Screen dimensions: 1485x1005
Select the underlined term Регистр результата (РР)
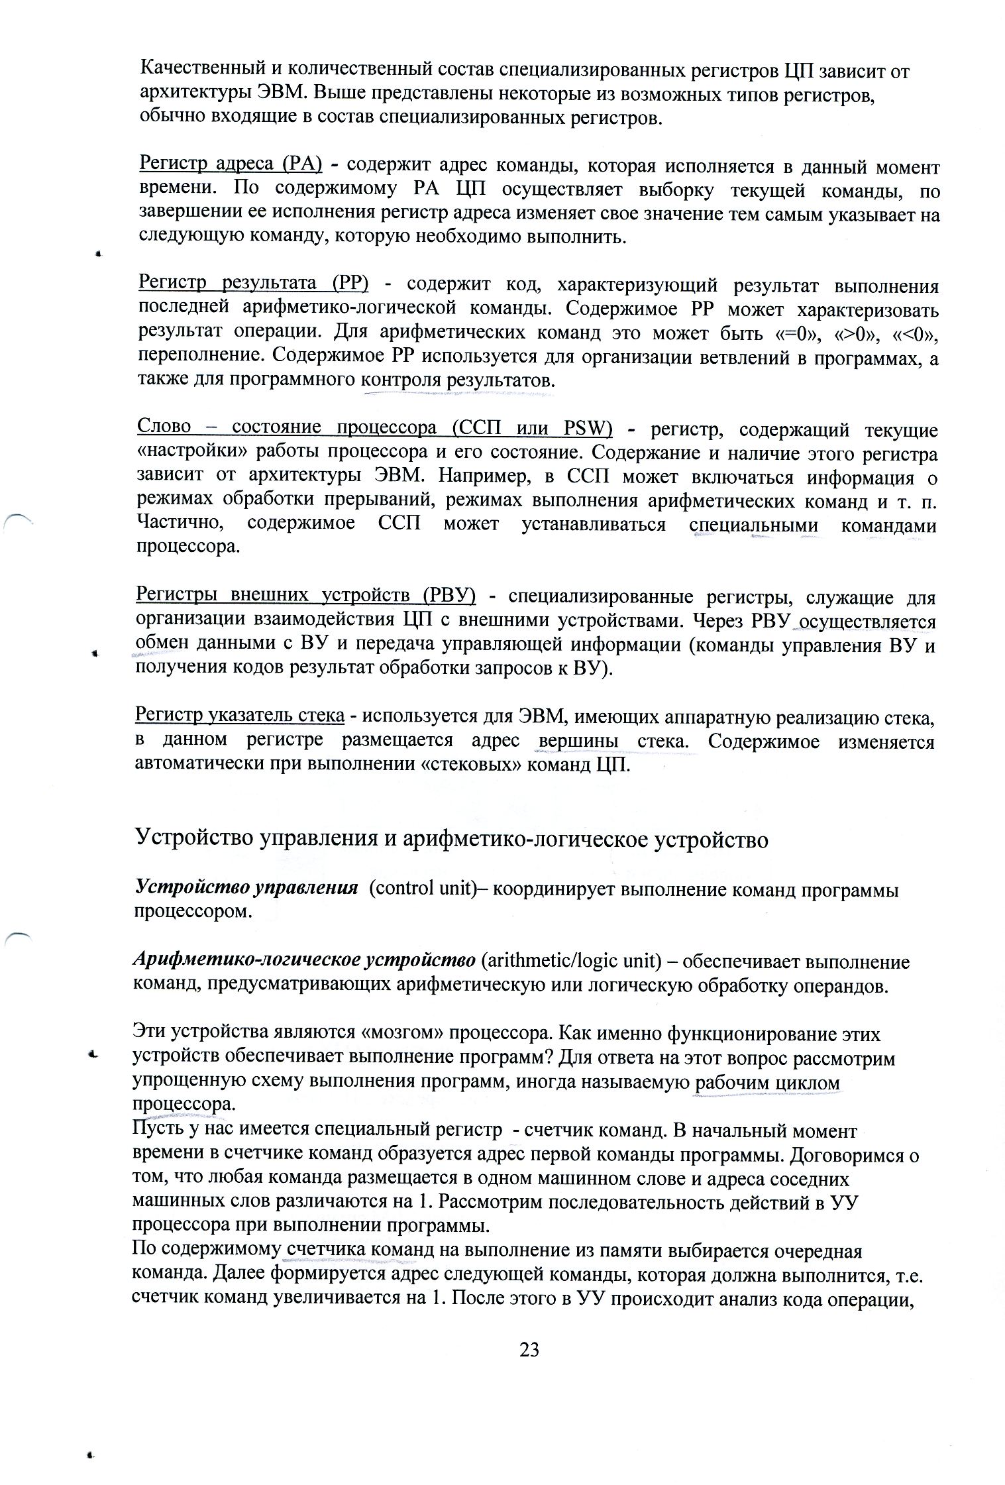[x=253, y=285]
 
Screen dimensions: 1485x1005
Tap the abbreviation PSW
[x=585, y=429]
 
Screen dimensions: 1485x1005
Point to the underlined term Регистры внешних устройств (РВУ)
[x=305, y=596]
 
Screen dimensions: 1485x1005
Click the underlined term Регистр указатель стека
[x=240, y=716]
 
